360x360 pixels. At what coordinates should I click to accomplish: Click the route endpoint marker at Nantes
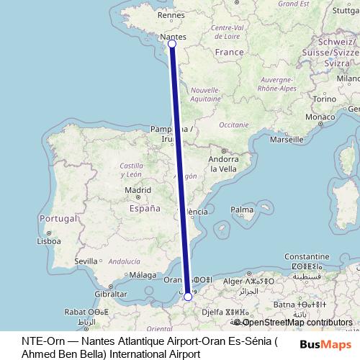pos(171,45)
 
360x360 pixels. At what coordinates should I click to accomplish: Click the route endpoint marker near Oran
pos(188,297)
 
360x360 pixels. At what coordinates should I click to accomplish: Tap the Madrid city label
pos(137,191)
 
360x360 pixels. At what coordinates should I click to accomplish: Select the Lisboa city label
pos(48,241)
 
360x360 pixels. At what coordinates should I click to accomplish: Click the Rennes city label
pos(171,14)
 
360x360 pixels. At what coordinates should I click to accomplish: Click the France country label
pos(230,53)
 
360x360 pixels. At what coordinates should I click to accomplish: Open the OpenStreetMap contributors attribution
pos(296,323)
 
